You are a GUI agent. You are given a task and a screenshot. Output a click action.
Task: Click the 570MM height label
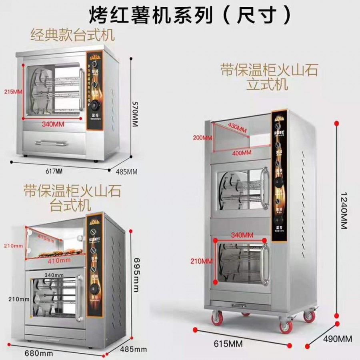tap(134, 114)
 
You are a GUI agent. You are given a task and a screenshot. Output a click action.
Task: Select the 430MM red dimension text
tap(238, 127)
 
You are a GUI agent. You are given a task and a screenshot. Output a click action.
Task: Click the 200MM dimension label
tap(202, 138)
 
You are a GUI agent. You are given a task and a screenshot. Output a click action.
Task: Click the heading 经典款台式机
tap(72, 35)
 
